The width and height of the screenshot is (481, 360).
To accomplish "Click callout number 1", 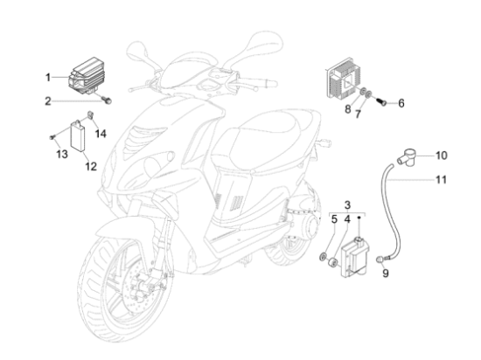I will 49,77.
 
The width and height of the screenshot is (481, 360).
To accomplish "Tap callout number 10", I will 442,156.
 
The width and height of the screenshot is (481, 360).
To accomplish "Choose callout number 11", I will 442,181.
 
